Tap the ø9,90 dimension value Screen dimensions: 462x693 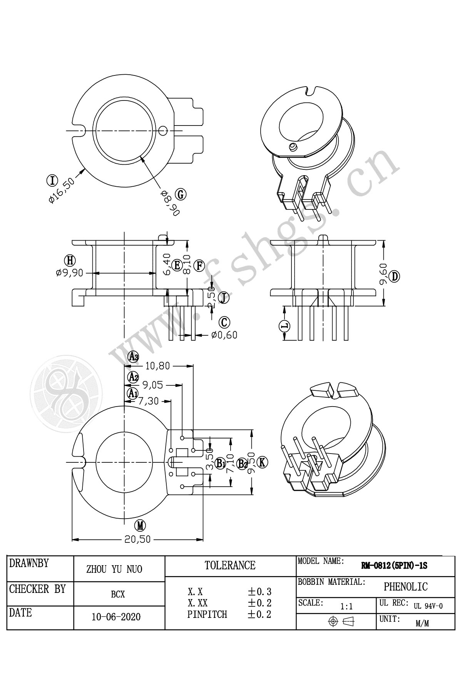click(69, 273)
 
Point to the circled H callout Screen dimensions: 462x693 click(70, 261)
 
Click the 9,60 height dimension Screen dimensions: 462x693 click(383, 274)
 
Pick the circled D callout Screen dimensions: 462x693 click(395, 276)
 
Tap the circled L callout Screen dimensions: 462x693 click(285, 326)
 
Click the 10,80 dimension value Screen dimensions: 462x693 click(157, 366)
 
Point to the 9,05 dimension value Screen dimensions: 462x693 click(153, 385)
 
